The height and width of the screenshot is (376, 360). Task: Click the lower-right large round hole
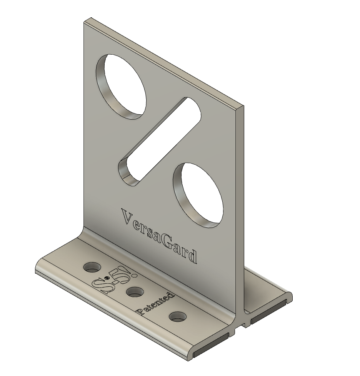pos(198,195)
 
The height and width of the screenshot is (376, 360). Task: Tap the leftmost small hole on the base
pos(92,266)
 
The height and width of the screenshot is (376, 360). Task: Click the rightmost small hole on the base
pos(178,317)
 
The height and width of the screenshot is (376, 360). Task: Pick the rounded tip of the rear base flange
pos(289,297)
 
